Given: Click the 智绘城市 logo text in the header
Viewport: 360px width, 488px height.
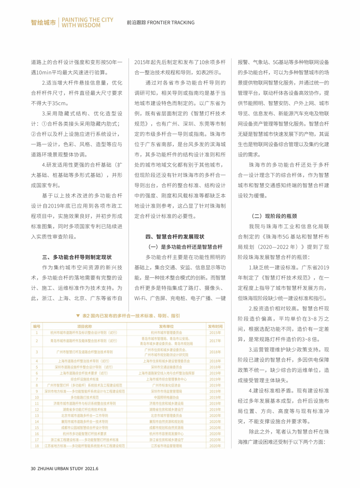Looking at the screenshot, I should pos(43,23).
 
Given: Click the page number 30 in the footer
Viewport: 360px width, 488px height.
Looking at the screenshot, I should pos(33,468).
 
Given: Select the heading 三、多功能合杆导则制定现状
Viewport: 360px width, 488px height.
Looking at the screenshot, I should pos(77,257).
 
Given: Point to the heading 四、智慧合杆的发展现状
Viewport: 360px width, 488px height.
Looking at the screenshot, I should pos(175,237).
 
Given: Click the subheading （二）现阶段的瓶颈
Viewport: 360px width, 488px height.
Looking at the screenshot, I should pos(274,216).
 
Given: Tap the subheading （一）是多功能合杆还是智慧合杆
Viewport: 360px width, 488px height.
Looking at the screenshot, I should pos(185,247).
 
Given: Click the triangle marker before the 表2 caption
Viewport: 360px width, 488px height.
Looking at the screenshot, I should pos(78,316).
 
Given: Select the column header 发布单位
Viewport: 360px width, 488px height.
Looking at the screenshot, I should pos(166,326).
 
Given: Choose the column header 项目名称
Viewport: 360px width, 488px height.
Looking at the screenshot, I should pos(84,326).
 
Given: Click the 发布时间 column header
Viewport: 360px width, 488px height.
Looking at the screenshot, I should pos(215,326).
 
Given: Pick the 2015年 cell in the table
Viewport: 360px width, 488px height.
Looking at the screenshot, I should pos(215,332).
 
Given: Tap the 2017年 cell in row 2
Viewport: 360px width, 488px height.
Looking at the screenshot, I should pos(215,341).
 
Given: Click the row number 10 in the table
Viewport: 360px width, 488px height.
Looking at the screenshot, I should pos(37,397).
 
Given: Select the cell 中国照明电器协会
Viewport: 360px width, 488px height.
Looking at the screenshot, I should pos(166,397).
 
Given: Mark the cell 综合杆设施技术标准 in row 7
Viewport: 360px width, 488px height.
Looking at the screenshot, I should pos(84,379).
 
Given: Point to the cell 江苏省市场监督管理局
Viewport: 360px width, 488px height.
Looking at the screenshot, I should pos(166,446).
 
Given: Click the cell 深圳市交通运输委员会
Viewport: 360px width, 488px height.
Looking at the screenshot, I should pos(166,367).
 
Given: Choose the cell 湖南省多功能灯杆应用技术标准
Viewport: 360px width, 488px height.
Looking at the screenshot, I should pos(84,409).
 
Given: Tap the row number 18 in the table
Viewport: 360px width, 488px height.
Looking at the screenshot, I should pos(37,446).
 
